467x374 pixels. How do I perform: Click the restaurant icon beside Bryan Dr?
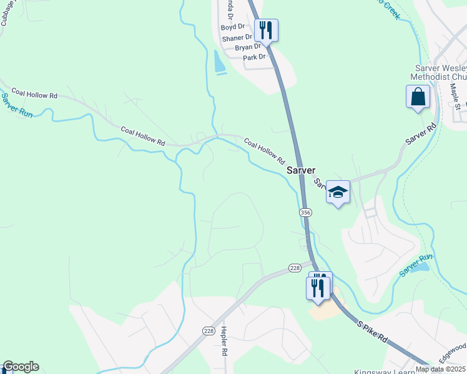point(267,30)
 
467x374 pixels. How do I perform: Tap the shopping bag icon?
point(418,97)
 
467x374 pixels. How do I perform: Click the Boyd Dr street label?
point(233,27)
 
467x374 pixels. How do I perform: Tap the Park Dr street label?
point(254,57)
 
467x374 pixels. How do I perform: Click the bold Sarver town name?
point(301,170)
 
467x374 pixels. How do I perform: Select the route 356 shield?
point(305,213)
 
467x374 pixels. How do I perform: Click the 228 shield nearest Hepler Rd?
point(209,330)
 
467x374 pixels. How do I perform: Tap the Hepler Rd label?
point(224,342)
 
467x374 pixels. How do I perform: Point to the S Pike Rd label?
point(373,333)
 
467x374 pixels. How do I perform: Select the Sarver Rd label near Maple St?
point(420,135)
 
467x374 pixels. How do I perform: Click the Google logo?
point(21,367)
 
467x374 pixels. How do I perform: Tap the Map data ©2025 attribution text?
point(440,369)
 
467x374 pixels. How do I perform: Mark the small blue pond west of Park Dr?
point(219,62)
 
